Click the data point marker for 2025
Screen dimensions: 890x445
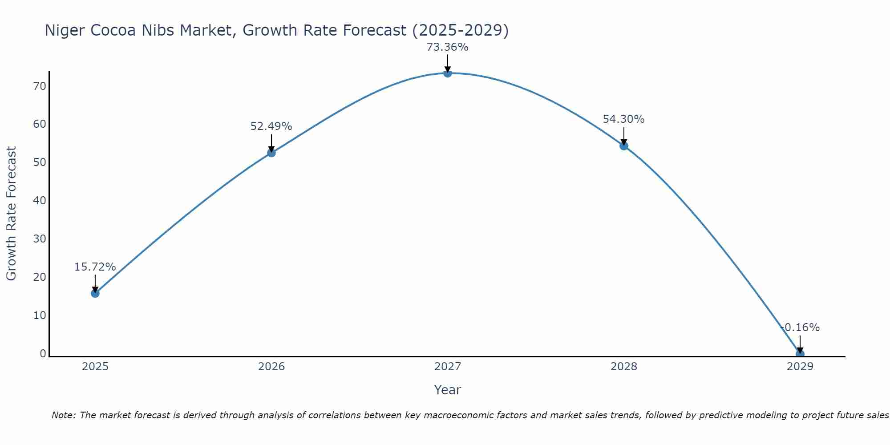[x=95, y=293]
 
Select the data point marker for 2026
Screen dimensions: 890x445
[x=271, y=153]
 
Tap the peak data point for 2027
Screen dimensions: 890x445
[x=447, y=73]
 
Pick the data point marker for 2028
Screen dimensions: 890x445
[x=623, y=146]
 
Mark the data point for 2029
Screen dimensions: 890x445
[x=800, y=354]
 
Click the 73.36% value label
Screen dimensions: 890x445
[x=447, y=47]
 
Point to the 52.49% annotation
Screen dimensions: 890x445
[x=271, y=126]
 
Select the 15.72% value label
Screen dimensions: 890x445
[x=95, y=267]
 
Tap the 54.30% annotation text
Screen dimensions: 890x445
[x=623, y=119]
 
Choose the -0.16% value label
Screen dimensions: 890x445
[x=800, y=328]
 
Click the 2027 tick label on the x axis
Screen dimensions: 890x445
[x=447, y=367]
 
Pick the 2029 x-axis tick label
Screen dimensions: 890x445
[x=800, y=367]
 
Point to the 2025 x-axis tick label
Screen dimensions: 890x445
[x=95, y=367]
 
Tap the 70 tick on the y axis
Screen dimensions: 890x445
[x=40, y=86]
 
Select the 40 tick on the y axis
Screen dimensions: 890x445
[x=40, y=201]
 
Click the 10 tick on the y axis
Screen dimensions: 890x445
[x=40, y=316]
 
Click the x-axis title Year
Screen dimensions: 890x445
[x=447, y=390]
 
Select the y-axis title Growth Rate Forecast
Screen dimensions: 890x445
[x=11, y=214]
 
